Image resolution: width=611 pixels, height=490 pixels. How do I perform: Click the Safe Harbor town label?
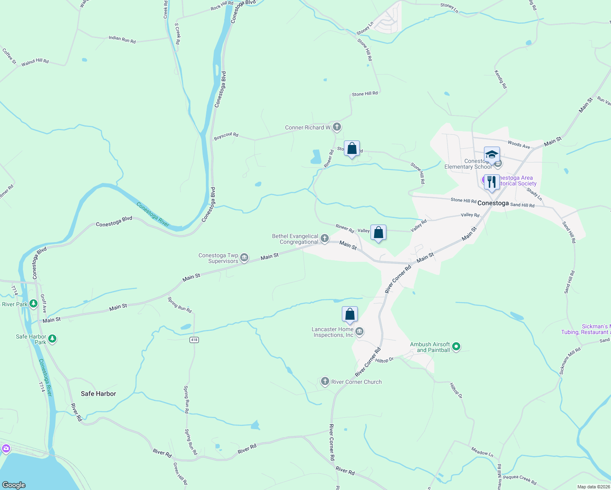[98, 394]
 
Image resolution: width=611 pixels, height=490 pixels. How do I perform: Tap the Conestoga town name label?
[493, 203]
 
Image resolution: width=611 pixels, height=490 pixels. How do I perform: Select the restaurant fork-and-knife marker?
[492, 182]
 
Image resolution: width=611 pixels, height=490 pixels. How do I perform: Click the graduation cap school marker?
[492, 155]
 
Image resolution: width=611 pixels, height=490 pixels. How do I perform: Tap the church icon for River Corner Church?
[325, 381]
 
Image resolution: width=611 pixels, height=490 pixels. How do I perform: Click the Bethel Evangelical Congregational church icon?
[325, 238]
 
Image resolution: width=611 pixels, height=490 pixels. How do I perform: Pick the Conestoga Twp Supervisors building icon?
[244, 257]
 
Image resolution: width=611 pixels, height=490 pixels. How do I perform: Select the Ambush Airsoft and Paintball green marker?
[457, 347]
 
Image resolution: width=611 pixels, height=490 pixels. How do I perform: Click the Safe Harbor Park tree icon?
[52, 339]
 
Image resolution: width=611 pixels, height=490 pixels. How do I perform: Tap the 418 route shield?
[194, 340]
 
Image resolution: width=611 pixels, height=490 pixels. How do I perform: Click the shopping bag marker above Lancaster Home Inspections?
[350, 314]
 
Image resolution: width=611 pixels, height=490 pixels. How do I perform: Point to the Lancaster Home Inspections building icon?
[359, 331]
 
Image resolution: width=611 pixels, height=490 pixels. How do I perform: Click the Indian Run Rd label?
[122, 39]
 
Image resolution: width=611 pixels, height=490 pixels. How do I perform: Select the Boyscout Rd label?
[226, 136]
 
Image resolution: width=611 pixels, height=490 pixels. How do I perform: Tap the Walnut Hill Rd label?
[35, 62]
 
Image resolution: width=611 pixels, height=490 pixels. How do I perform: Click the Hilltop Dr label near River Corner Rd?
[384, 360]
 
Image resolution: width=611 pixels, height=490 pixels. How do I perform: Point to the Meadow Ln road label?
[482, 452]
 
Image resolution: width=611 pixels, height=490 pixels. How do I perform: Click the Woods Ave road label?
[519, 144]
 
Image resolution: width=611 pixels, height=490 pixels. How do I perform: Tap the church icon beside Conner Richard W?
[337, 127]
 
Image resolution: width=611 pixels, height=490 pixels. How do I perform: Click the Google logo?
[14, 485]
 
